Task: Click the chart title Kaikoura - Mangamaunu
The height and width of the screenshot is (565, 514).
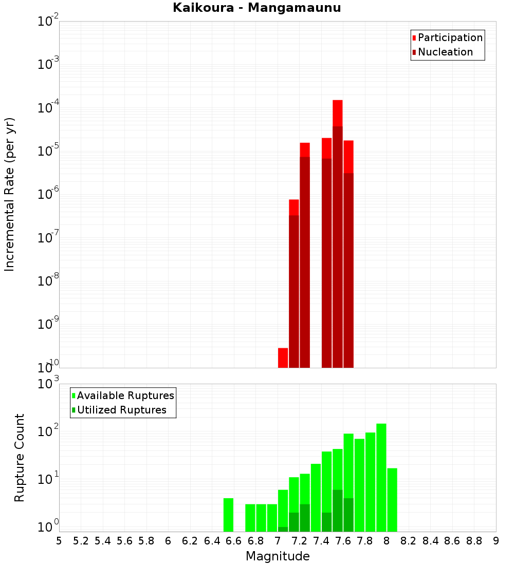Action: click(x=256, y=8)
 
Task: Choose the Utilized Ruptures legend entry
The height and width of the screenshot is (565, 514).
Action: click(x=121, y=410)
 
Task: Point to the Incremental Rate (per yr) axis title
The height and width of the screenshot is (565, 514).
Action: click(x=10, y=194)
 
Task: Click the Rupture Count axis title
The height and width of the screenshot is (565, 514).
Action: click(x=20, y=458)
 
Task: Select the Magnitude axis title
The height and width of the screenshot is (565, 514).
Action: click(x=278, y=556)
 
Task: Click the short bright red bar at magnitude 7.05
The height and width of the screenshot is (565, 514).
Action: click(x=283, y=357)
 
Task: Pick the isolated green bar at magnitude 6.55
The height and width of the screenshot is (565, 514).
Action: click(x=228, y=515)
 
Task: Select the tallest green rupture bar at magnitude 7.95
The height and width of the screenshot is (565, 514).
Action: click(x=381, y=478)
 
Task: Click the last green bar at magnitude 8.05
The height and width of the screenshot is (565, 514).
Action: click(x=392, y=500)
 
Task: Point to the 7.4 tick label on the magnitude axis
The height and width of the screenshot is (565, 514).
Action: click(x=321, y=541)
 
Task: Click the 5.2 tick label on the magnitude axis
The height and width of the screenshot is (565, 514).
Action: click(x=81, y=541)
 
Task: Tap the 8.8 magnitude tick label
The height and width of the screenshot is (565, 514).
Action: click(x=474, y=541)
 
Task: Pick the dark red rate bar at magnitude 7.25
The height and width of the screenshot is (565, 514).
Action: click(x=305, y=262)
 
